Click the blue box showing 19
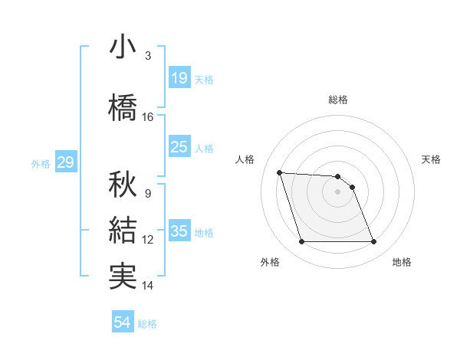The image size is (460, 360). click(179, 78)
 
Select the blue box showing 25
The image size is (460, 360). click(179, 147)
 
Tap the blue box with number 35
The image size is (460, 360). click(179, 231)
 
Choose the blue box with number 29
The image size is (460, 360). click(65, 162)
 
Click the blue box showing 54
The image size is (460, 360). click(123, 323)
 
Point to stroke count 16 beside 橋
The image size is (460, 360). click(148, 117)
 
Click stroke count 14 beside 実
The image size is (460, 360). click(148, 286)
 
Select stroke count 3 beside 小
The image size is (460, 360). click(147, 56)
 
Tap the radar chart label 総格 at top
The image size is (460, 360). click(338, 100)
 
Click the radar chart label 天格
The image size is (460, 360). click(432, 159)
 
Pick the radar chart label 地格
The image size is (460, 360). click(402, 262)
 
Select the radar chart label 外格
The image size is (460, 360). click(270, 262)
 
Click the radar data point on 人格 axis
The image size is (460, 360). click(280, 172)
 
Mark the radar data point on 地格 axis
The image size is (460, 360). click(373, 242)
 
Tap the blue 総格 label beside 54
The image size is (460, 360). click(147, 324)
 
